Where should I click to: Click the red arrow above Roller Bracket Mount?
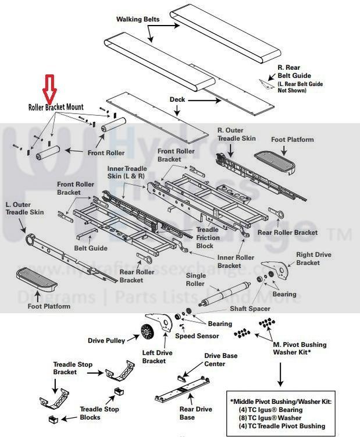tap(49, 89)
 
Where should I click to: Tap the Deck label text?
tap(177, 100)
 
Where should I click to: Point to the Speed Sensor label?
tap(198, 336)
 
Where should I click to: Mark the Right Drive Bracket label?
tap(315, 259)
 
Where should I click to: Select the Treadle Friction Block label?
tap(208, 237)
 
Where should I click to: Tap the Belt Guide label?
tap(91, 248)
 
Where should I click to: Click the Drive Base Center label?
tap(220, 360)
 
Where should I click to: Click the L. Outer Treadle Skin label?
tap(25, 209)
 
